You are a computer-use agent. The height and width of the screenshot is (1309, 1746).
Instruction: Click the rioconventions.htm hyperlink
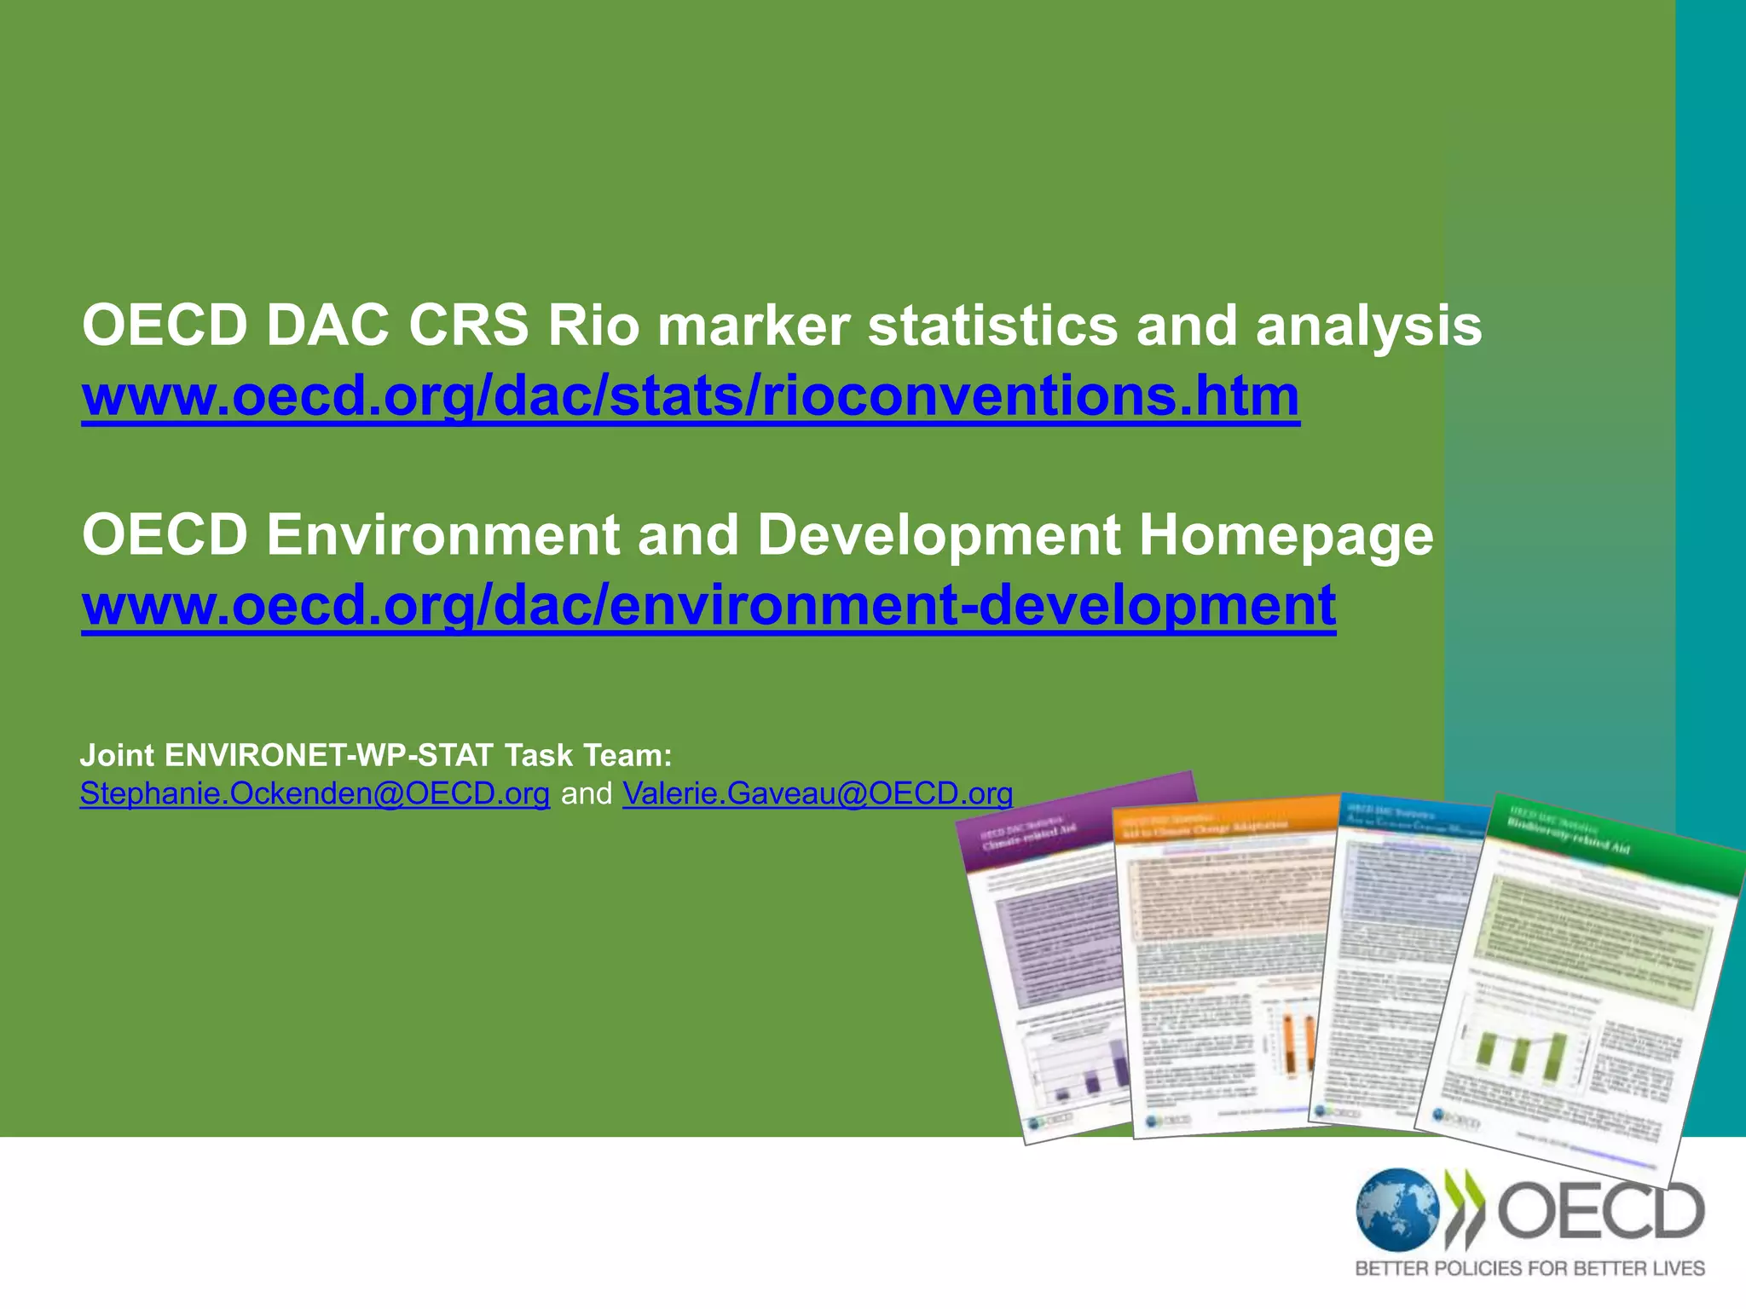(691, 397)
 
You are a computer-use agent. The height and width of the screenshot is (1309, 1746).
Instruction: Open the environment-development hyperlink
(708, 605)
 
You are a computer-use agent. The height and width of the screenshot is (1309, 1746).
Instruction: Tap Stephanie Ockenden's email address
(315, 794)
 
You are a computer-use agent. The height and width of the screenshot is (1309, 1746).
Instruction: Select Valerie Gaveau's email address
(818, 794)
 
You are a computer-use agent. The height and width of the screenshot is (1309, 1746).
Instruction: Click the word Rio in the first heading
(593, 326)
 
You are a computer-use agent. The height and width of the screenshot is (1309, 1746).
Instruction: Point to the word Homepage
(1286, 535)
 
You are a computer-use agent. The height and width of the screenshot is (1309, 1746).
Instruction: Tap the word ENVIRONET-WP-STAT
(329, 755)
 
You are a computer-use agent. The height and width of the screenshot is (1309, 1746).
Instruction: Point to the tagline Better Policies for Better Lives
(1529, 1269)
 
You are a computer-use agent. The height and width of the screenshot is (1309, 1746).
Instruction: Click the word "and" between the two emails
(587, 794)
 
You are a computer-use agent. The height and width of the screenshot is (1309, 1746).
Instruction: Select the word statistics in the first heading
(992, 326)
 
